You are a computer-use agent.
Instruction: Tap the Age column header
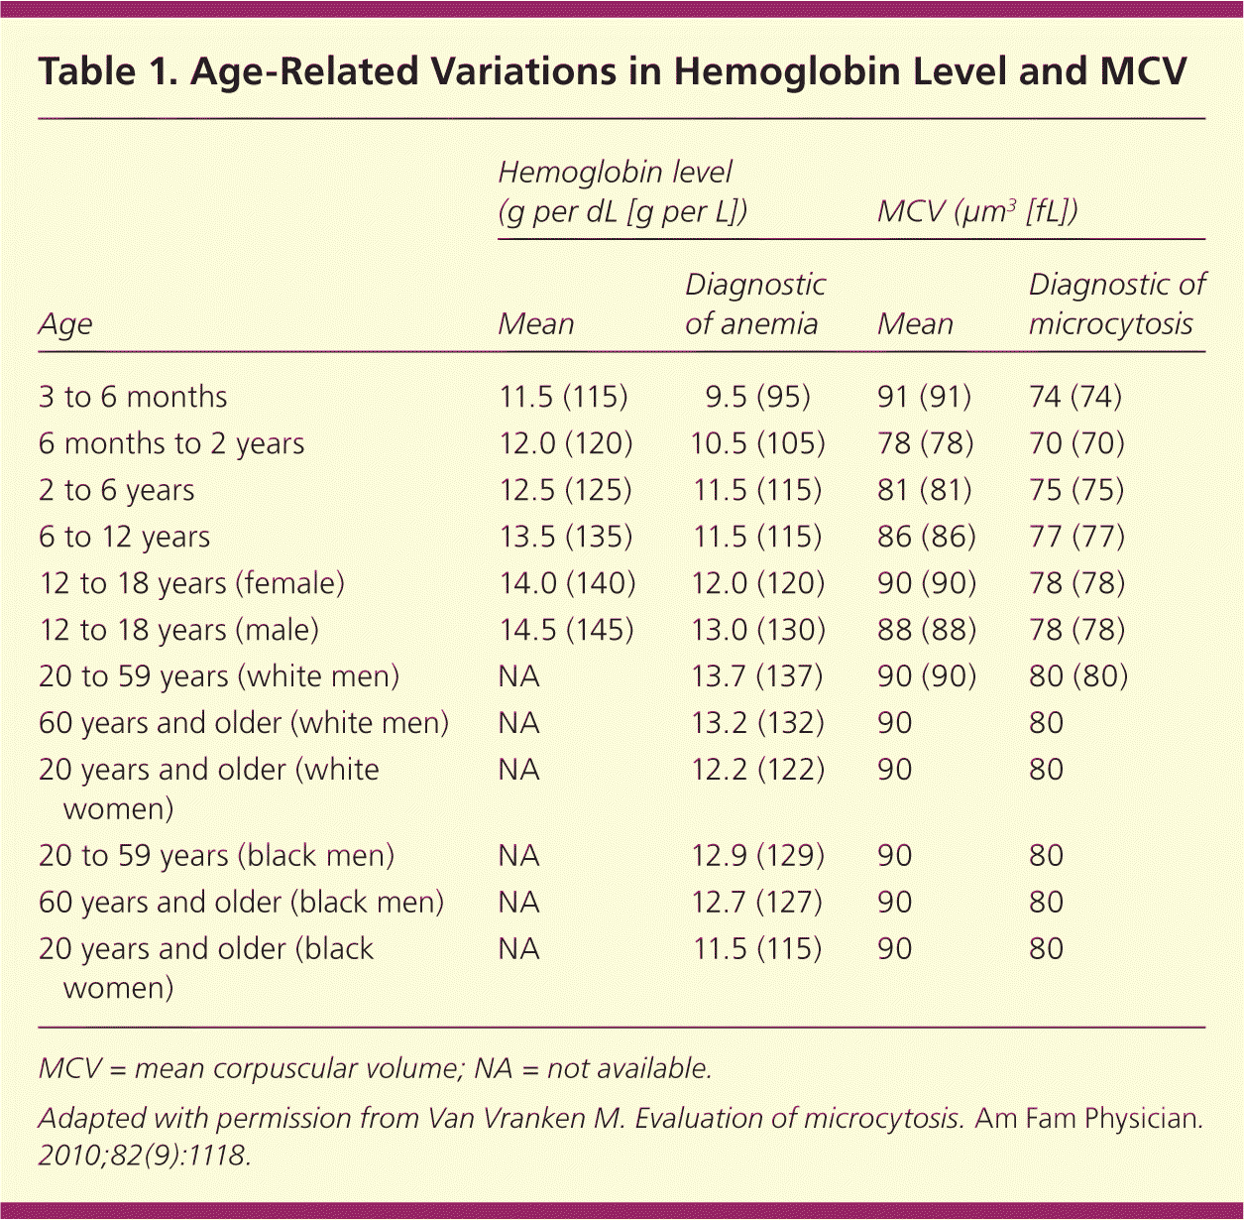coord(65,324)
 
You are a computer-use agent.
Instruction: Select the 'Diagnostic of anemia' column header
coord(755,305)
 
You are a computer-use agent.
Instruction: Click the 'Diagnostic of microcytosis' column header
coord(1116,305)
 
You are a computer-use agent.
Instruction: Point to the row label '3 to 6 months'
coord(133,397)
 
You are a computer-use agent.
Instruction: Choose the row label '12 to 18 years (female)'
coord(191,583)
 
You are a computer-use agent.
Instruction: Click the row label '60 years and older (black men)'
coord(241,903)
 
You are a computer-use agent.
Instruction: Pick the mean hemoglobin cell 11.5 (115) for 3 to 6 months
coord(563,397)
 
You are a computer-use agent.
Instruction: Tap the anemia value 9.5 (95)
coord(757,397)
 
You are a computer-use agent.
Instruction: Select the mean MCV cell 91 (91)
coord(924,397)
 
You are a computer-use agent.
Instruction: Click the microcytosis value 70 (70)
coord(1076,443)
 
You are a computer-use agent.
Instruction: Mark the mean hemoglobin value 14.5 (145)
coord(566,630)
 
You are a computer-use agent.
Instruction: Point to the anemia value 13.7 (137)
coord(757,676)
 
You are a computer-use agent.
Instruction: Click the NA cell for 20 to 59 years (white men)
coord(518,676)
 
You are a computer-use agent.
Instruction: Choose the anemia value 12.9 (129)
coord(757,856)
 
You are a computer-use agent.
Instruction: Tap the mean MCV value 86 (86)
coord(926,537)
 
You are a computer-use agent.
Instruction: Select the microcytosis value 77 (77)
coord(1076,537)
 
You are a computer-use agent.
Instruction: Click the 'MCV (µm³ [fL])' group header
coord(977,211)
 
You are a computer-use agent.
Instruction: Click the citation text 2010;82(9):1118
coord(144,1156)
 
